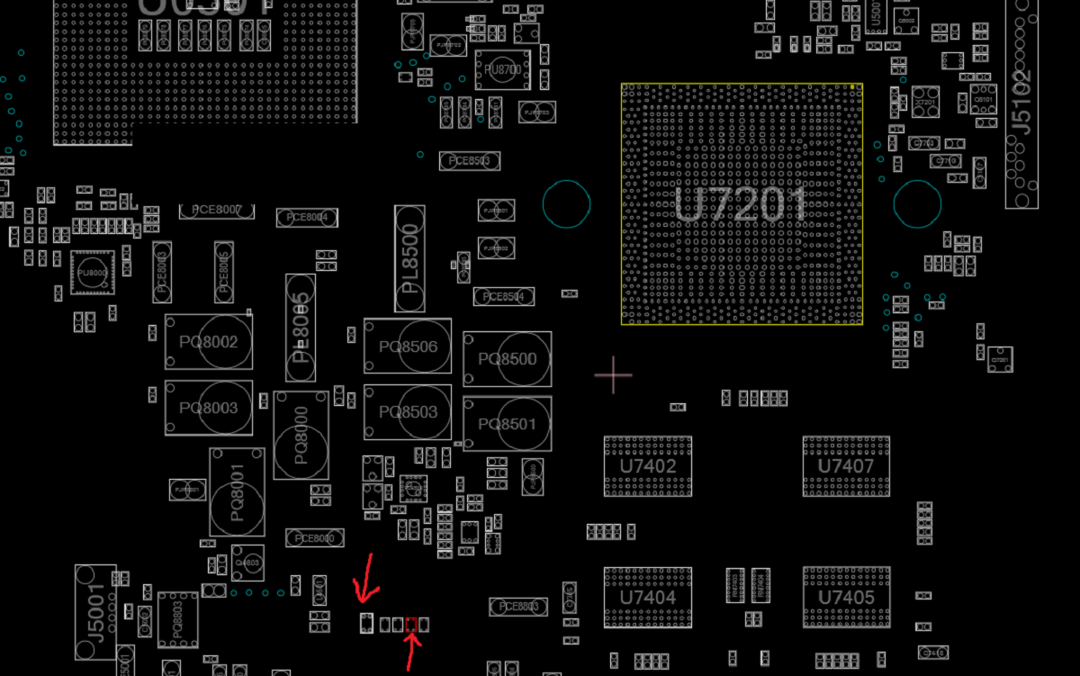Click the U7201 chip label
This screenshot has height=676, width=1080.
[741, 204]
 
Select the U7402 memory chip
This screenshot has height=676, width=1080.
[647, 466]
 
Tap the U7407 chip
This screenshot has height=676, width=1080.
[845, 466]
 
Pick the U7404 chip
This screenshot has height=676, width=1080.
[647, 597]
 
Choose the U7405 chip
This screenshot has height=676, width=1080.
[846, 597]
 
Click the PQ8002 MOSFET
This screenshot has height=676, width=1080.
[208, 342]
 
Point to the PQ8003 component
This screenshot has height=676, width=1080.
[208, 408]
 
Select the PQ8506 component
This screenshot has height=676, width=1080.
[408, 347]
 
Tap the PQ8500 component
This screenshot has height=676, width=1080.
[507, 359]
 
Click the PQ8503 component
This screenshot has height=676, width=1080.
[408, 412]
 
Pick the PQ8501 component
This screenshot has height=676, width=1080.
[507, 424]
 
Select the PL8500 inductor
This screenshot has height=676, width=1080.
[409, 258]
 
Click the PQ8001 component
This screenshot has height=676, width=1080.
[237, 492]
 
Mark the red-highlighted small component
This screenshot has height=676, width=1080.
[412, 624]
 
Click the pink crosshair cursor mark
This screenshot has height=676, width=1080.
[613, 374]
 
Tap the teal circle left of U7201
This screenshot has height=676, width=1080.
[566, 203]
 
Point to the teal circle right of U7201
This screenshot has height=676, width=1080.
[917, 203]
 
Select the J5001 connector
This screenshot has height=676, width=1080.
[95, 612]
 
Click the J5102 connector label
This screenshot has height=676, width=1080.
[1021, 104]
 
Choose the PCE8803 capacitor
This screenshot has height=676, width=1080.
[518, 607]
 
